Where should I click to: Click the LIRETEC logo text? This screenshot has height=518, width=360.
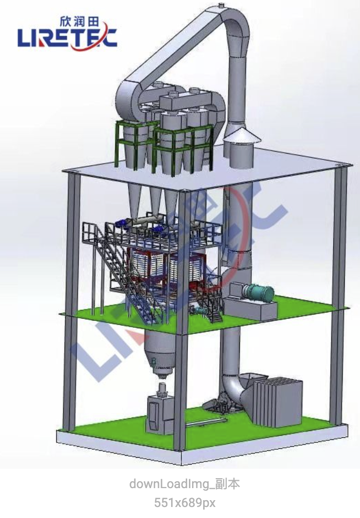click(68, 37)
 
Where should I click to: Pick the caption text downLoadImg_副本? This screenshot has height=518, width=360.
click(185, 484)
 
